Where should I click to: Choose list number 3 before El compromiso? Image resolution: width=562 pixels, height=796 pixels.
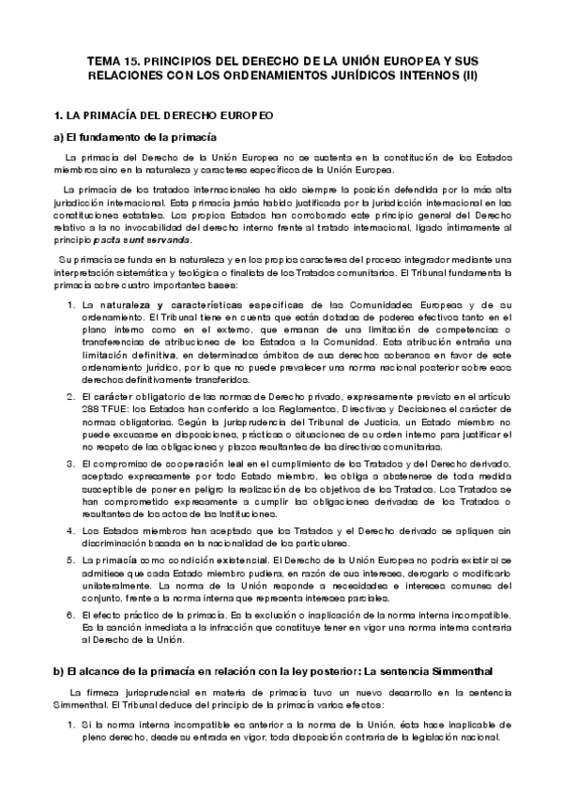tap(70, 465)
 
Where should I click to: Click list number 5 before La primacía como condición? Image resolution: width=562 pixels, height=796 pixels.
tap(70, 560)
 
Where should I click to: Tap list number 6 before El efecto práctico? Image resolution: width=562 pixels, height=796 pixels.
tap(70, 615)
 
